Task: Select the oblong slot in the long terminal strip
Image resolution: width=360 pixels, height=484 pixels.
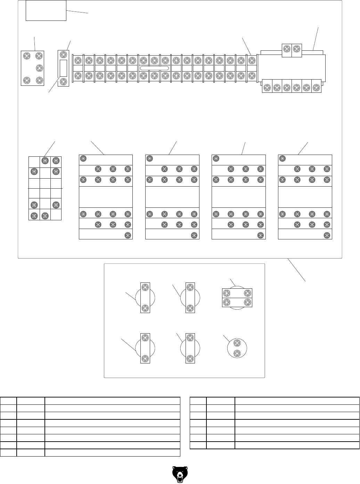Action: [x=154, y=68]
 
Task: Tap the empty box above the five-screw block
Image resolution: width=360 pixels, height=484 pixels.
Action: [x=46, y=10]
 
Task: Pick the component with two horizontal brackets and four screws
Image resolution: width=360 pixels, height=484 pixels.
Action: [x=237, y=298]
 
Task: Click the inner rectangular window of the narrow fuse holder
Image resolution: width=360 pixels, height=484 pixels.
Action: [x=63, y=68]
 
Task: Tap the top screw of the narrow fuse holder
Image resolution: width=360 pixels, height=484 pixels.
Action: [x=63, y=55]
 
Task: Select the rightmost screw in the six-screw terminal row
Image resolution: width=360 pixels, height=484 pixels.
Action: [x=317, y=88]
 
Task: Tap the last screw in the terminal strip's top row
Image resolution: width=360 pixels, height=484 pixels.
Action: [x=252, y=60]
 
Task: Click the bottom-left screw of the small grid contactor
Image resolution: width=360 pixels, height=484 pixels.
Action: [x=34, y=215]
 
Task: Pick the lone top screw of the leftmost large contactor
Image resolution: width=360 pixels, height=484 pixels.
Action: [x=83, y=159]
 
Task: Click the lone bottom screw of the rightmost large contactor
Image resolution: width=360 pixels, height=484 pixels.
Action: [x=327, y=235]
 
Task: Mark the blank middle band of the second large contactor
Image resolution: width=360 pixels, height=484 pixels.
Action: [x=172, y=197]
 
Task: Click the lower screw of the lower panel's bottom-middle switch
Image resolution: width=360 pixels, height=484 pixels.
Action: [x=190, y=358]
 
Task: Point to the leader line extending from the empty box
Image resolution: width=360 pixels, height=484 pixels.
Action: [x=77, y=12]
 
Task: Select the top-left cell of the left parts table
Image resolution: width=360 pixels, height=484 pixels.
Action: [x=8, y=401]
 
